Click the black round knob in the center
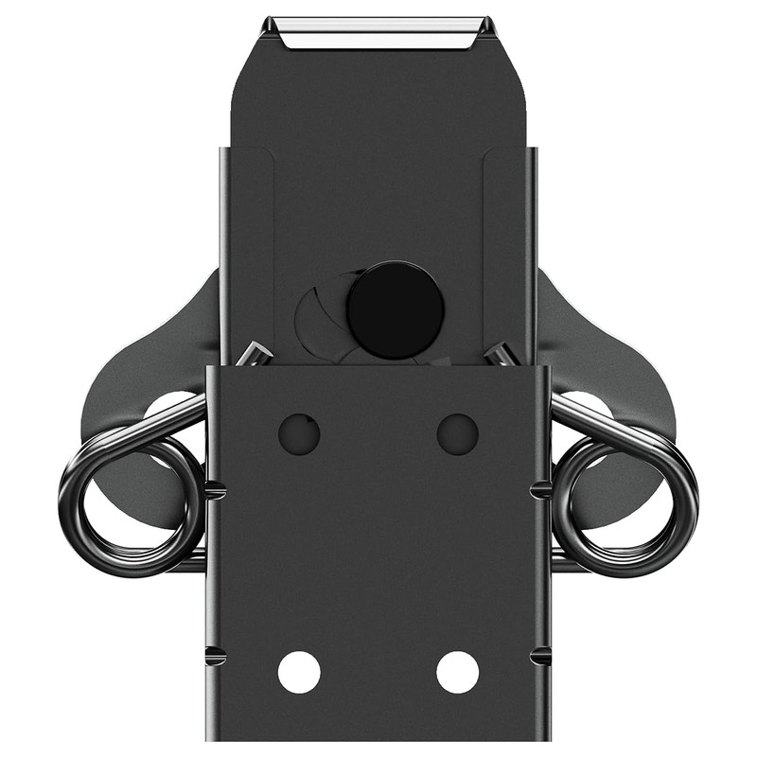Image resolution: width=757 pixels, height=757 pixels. pos(395,309)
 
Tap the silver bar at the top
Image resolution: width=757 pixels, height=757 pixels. pos(378,35)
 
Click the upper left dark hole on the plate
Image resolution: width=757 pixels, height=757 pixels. pos(299,433)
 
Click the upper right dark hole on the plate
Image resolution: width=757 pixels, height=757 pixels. pos(458,433)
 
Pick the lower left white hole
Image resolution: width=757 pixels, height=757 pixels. pos(299,672)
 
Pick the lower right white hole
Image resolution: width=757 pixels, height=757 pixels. pos(458,672)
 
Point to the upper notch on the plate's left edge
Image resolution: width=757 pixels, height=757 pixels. pos(215,490)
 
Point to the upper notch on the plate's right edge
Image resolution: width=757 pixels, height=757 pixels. pos(541,490)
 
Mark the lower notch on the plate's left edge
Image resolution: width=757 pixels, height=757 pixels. pos(215,655)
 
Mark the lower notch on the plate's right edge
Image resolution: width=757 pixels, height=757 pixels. pos(541,655)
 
